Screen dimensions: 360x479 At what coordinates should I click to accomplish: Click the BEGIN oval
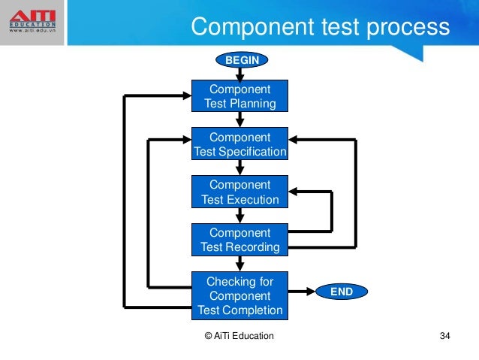(x=240, y=58)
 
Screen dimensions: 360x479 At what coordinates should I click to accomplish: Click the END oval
(x=342, y=291)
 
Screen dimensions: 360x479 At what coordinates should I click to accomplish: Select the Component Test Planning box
(x=240, y=96)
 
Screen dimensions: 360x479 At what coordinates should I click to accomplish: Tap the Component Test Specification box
(x=240, y=144)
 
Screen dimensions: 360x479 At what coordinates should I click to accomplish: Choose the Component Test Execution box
(x=240, y=192)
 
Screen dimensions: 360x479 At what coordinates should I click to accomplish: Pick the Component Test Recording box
(x=240, y=239)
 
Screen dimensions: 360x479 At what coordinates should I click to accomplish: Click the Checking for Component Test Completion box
(x=240, y=295)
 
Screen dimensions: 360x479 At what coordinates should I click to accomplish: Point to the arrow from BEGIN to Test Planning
(x=240, y=73)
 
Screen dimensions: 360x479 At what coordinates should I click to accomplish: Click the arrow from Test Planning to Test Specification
(x=240, y=120)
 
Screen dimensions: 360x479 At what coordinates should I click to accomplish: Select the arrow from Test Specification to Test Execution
(x=240, y=168)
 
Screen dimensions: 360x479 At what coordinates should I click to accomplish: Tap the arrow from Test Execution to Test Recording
(x=240, y=216)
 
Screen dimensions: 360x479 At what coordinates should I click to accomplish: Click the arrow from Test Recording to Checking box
(x=240, y=263)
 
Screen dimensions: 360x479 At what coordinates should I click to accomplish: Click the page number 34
(x=444, y=336)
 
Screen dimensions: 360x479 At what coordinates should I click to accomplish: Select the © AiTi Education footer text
(x=239, y=336)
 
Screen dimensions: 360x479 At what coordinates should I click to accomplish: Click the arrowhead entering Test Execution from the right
(x=295, y=191)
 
